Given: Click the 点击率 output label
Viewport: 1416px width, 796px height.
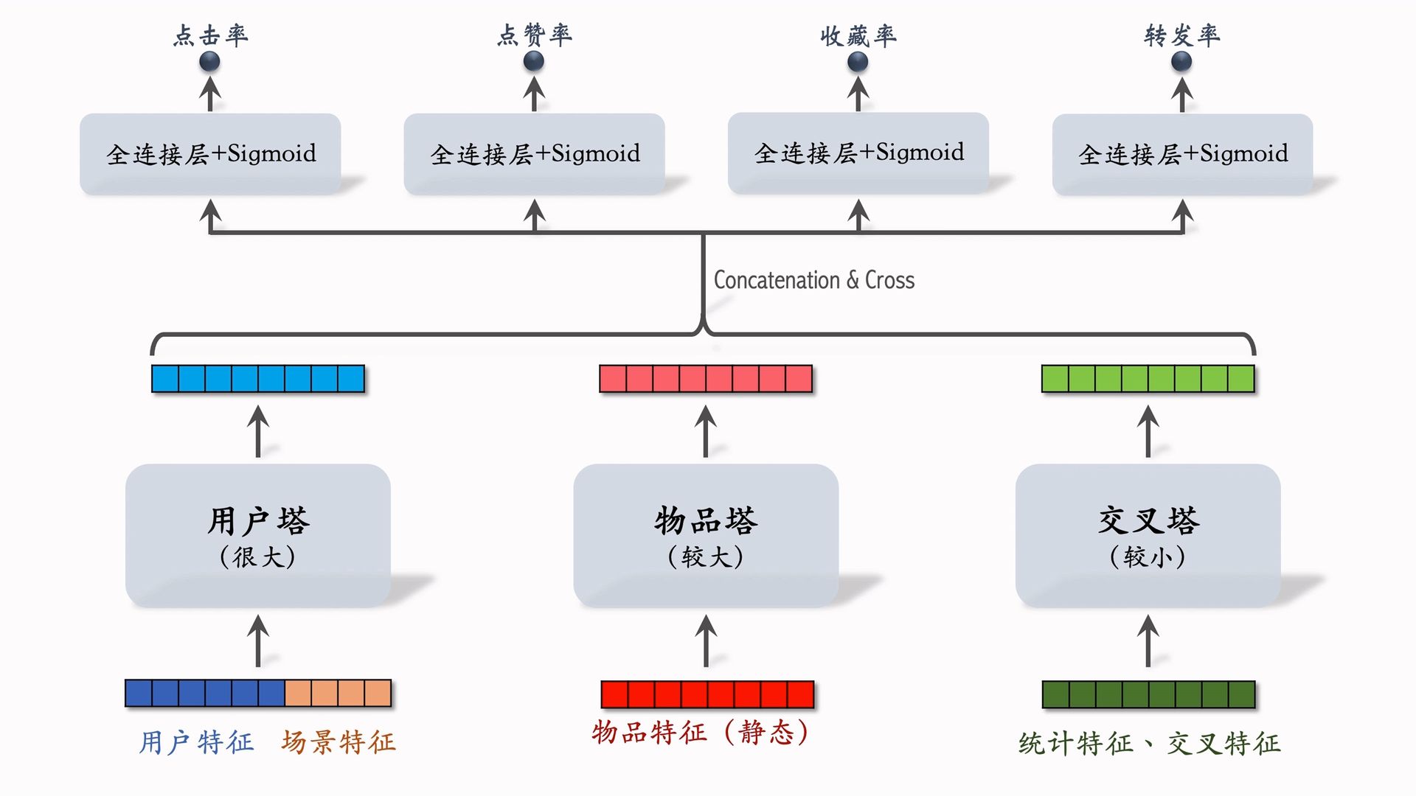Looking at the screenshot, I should click(210, 35).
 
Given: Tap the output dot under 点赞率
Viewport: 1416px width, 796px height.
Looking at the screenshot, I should click(534, 62).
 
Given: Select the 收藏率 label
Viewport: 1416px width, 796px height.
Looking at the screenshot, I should click(858, 35).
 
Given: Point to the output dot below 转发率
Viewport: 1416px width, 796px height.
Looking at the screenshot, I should click(1181, 62).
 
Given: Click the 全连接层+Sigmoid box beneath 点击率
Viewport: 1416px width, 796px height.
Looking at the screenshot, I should click(210, 153).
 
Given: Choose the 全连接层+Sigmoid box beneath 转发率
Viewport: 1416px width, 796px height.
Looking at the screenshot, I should click(1182, 154).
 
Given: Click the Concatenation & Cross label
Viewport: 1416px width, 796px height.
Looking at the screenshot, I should click(813, 280).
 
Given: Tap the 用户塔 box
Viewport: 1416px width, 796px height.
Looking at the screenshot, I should click(257, 535).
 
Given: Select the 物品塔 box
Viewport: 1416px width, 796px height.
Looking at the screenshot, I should click(706, 535).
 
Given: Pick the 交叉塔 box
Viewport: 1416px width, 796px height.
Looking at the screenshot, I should click(1148, 535).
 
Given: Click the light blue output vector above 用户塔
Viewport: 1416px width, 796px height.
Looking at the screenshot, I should click(257, 379).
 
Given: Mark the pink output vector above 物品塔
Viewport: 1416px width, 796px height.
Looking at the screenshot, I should click(706, 379).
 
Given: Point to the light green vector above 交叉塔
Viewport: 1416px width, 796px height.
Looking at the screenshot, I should click(1148, 379).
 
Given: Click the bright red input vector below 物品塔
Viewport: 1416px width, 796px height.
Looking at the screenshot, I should click(707, 694).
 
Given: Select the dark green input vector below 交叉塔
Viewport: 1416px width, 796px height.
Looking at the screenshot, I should click(1148, 694).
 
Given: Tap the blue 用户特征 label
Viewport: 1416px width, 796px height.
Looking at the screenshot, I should click(196, 741).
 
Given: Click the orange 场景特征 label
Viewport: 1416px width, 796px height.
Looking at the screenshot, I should click(339, 741).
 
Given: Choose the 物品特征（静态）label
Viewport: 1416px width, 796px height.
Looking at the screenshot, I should click(701, 733).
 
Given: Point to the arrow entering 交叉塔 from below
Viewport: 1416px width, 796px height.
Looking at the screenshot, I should click(1148, 640).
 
